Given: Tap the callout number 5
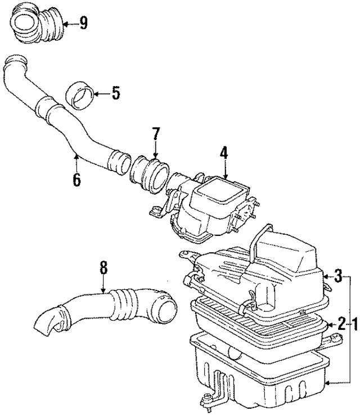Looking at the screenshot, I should point(115,93).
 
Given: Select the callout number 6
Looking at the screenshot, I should point(76,180).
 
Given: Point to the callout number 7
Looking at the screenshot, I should point(155,134).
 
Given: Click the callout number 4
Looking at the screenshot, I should point(224,152).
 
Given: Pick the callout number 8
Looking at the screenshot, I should point(103,268).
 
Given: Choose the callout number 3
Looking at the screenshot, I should point(337,275).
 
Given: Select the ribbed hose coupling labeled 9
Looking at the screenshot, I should point(37,26).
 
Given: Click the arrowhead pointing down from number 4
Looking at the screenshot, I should point(224,175).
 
